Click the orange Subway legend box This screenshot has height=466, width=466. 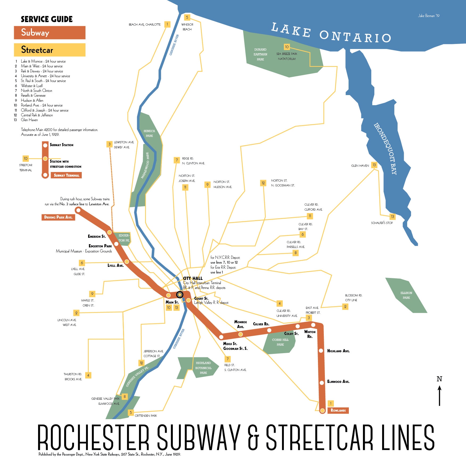[50, 32]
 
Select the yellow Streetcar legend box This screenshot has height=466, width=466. [50, 50]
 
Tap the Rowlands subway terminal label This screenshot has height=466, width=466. [338, 410]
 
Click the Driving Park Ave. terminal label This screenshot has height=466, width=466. [58, 217]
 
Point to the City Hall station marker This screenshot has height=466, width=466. [180, 295]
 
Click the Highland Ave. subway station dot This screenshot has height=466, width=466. [321, 351]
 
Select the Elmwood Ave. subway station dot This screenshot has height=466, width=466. [322, 383]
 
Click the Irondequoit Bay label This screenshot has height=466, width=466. [385, 149]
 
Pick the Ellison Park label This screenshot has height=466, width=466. [406, 295]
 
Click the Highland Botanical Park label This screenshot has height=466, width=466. [203, 368]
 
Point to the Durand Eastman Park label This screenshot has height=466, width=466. [260, 54]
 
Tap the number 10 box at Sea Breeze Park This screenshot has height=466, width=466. [287, 47]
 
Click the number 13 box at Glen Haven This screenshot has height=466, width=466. [374, 165]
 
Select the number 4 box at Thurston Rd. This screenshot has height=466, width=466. [88, 375]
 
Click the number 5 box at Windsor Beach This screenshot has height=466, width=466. [187, 17]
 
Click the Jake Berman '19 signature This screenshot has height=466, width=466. [428, 16]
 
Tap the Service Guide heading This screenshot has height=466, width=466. [47, 19]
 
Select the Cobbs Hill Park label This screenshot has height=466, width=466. [280, 342]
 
